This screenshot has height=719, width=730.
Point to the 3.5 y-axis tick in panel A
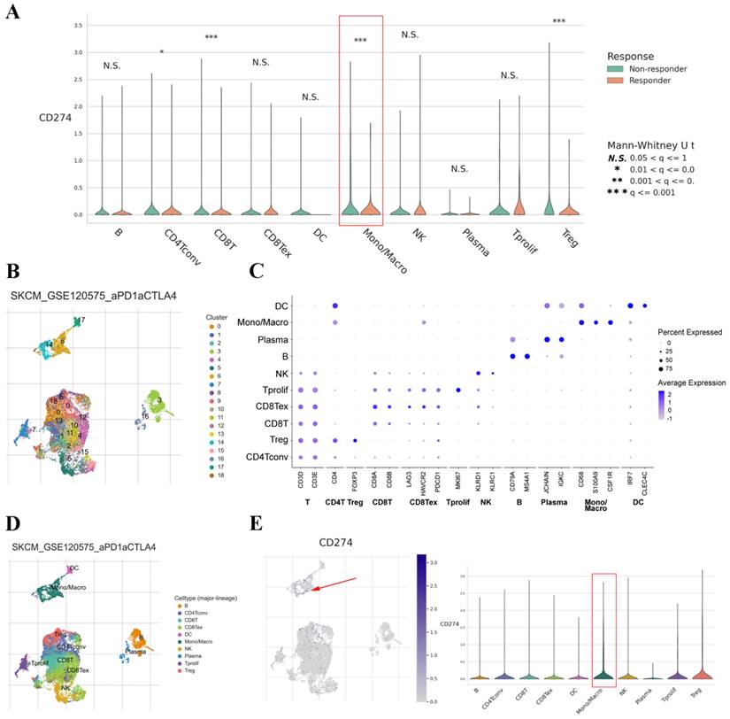point(80,26)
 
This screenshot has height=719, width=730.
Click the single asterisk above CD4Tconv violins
point(162,52)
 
